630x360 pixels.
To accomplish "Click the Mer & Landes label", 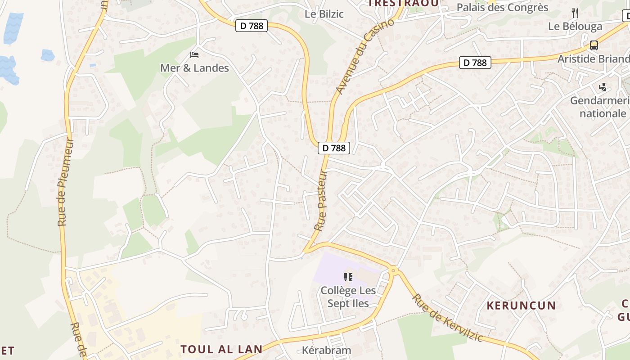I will click(194, 68).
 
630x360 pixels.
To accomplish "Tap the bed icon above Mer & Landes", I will click(194, 55).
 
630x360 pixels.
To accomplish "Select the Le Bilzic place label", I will click(324, 14).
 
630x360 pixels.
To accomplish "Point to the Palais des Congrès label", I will click(502, 8).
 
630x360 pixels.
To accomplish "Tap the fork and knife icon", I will click(575, 13).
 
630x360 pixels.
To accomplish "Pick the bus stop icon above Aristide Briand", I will click(594, 45).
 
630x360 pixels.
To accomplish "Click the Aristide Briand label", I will click(593, 59).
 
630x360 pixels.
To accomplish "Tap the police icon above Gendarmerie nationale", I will click(603, 87).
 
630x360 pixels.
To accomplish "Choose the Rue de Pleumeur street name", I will click(65, 182).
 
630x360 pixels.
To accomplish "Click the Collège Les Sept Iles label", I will click(348, 297).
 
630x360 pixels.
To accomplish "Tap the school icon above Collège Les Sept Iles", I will click(348, 277).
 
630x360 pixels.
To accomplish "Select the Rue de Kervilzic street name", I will click(447, 318).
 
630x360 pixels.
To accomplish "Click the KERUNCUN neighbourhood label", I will click(521, 306).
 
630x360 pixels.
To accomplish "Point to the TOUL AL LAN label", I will click(221, 349).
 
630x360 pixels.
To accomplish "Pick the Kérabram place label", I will click(326, 350).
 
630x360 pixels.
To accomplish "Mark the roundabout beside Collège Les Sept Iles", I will click(394, 270).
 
